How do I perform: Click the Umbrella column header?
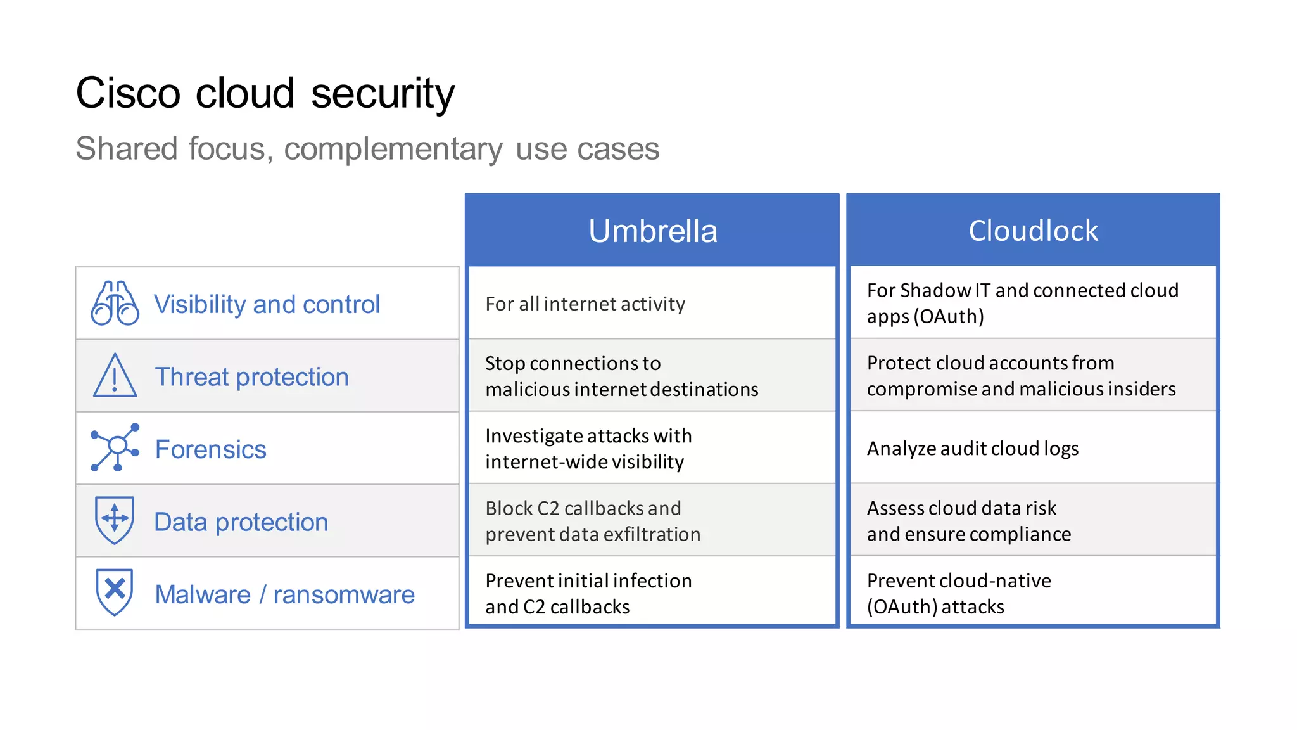click(x=652, y=231)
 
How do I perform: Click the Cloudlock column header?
click(x=1033, y=231)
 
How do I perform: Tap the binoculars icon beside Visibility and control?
click(x=115, y=304)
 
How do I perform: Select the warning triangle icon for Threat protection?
click(x=115, y=376)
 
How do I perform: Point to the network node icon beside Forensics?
click(x=115, y=448)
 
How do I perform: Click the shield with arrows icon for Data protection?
click(x=115, y=520)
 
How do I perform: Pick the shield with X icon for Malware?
click(x=115, y=592)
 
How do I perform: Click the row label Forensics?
click(x=210, y=449)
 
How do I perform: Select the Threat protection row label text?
click(x=251, y=377)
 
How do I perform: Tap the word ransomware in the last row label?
click(x=344, y=595)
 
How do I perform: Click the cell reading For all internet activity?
click(x=585, y=304)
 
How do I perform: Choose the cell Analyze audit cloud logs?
click(x=972, y=449)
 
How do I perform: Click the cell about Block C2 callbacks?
click(x=592, y=521)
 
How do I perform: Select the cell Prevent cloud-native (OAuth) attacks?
click(x=958, y=594)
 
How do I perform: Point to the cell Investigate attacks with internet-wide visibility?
click(x=588, y=449)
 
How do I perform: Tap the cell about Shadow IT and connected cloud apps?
click(x=1022, y=303)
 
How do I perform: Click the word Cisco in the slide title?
click(x=128, y=94)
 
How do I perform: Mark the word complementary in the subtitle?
click(x=393, y=150)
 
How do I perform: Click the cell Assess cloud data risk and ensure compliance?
click(x=968, y=521)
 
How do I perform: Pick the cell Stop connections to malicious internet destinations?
click(x=621, y=376)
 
